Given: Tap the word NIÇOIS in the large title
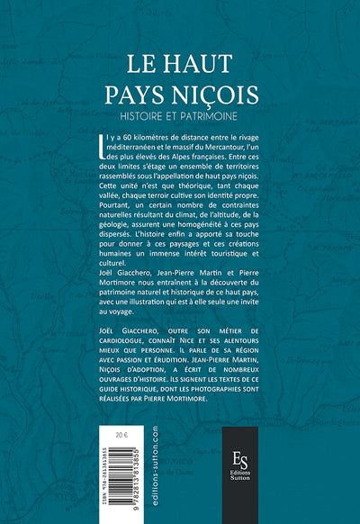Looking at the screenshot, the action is (x=220, y=94).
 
